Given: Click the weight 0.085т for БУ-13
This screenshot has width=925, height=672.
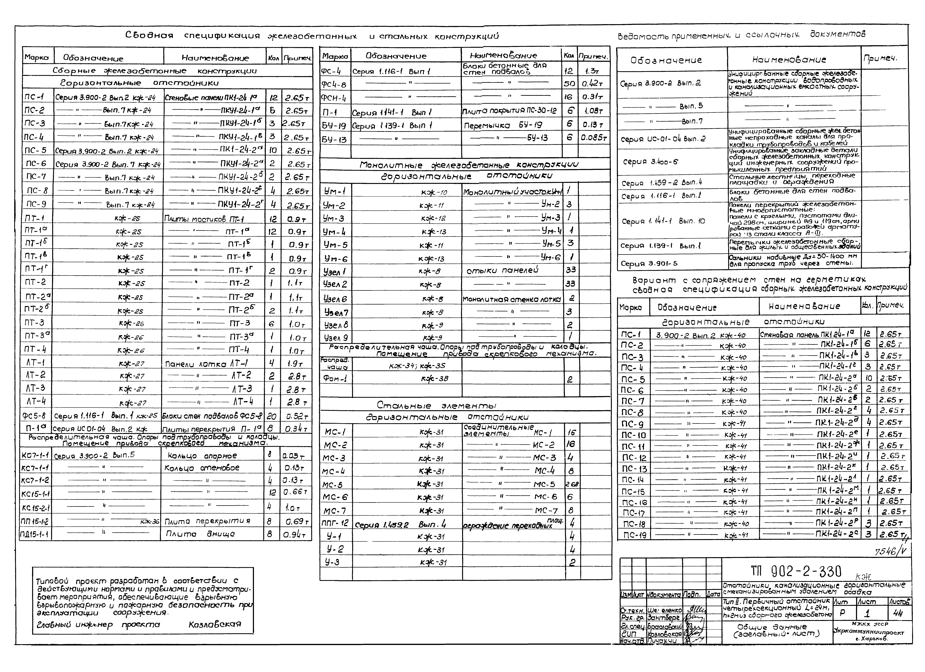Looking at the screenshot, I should [x=594, y=138].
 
